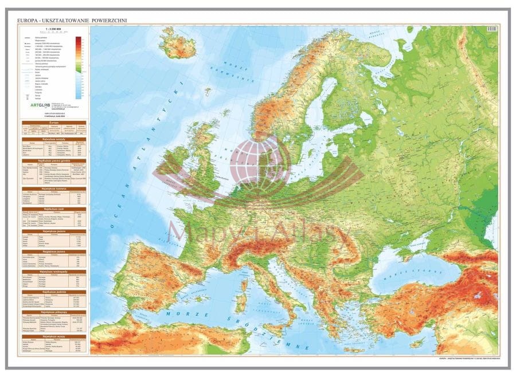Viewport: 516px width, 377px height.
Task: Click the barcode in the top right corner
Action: pyautogui.click(x=491, y=29)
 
